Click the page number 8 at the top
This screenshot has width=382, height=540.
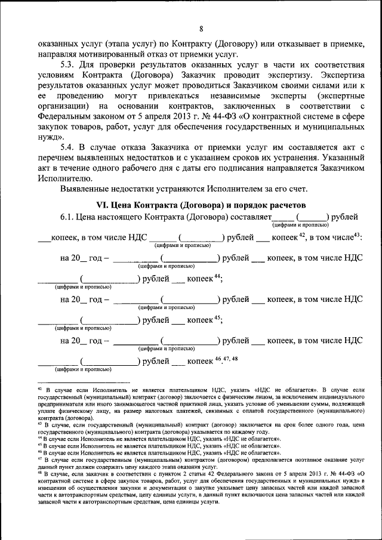pyautogui.click(x=201, y=29)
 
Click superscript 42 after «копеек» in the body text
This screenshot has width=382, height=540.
pyautogui.click(x=302, y=236)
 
